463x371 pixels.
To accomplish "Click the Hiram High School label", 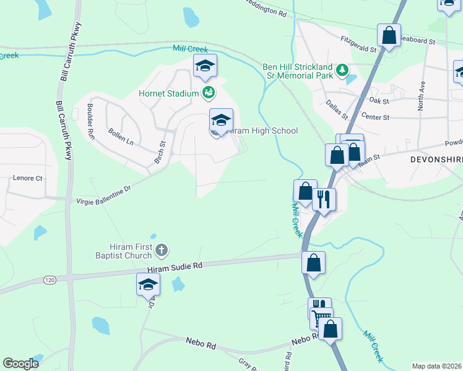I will (x=262, y=130).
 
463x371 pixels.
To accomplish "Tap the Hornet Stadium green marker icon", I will (x=209, y=93).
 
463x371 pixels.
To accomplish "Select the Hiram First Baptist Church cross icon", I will (x=161, y=250).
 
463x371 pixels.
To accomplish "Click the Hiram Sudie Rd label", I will (x=175, y=267).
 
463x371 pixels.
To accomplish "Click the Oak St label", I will (x=378, y=100).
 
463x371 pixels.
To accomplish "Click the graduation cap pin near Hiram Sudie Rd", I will (x=149, y=284).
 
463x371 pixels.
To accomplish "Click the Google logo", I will (x=20, y=364).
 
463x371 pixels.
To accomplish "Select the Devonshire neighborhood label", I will (x=436, y=159).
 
